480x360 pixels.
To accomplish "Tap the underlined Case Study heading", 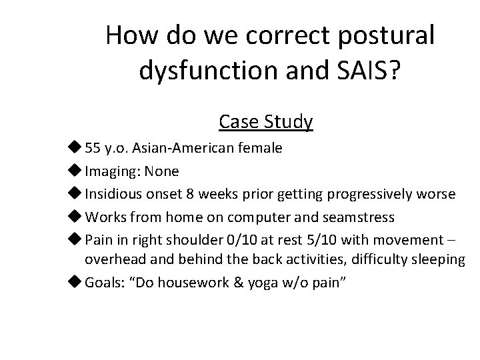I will [x=265, y=121].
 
